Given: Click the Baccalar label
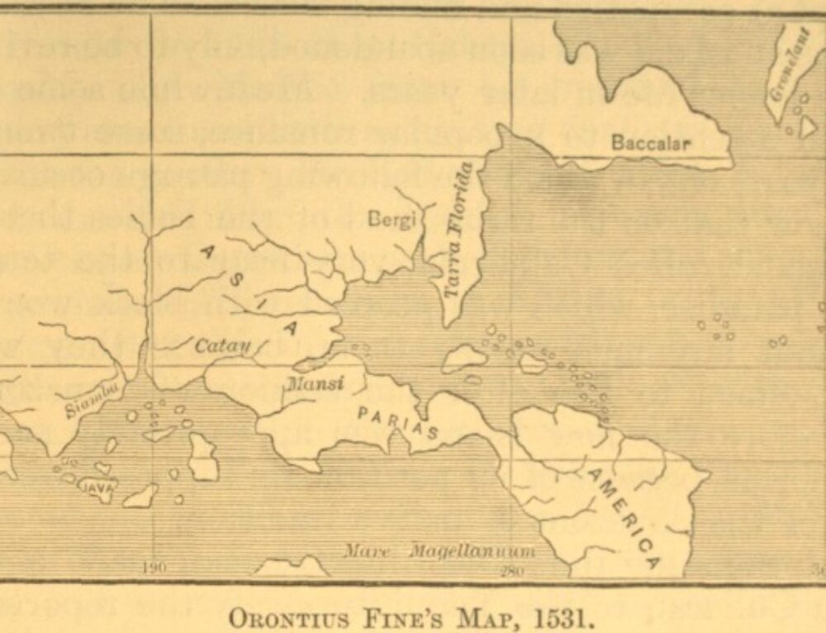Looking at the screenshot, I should [x=650, y=143].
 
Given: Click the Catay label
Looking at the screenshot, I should [x=222, y=346].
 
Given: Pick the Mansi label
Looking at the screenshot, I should [x=315, y=383].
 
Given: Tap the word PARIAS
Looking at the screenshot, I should [x=398, y=421].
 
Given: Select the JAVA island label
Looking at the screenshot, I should [x=98, y=488].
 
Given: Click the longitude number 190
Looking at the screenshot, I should [x=150, y=569].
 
